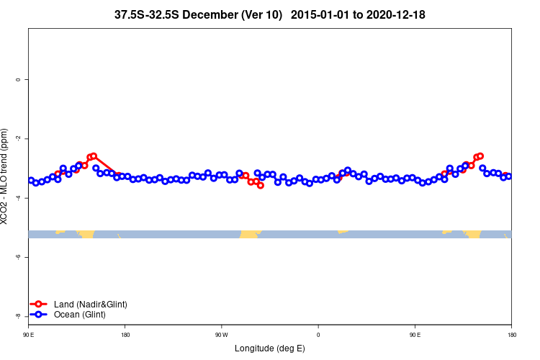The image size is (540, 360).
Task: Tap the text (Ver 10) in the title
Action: click(x=264, y=14)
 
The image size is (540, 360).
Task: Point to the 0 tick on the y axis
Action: click(x=17, y=79)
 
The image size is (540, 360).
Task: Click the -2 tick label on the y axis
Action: click(x=17, y=138)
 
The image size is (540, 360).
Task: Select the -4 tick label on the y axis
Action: click(x=17, y=198)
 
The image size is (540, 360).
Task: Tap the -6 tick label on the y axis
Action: click(x=17, y=257)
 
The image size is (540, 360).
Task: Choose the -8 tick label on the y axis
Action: click(x=17, y=316)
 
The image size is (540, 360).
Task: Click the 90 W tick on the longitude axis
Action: click(x=221, y=335)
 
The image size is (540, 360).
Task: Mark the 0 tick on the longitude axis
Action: click(x=318, y=335)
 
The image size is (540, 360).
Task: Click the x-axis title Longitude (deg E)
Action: click(x=270, y=348)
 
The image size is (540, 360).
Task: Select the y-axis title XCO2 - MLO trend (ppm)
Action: click(x=6, y=177)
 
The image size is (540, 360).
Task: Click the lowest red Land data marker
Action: click(x=261, y=186)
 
